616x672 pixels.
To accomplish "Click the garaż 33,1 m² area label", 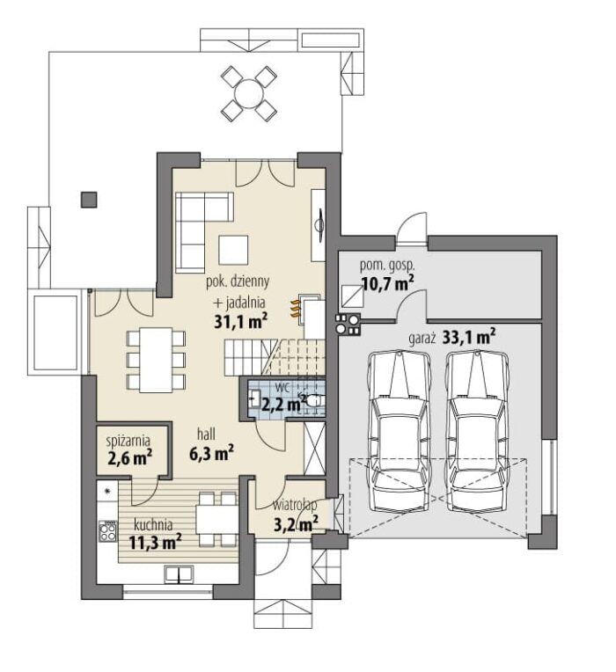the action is point(452,337).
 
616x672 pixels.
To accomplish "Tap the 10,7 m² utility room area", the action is point(388,283).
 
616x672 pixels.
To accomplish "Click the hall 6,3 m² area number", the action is point(211,453).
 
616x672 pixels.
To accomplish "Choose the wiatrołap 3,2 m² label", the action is point(296,515).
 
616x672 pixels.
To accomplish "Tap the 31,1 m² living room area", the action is point(241,321).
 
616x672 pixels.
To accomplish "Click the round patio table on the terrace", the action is point(249,93).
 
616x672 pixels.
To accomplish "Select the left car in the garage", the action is point(400,431).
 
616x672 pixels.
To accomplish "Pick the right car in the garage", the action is point(478,431).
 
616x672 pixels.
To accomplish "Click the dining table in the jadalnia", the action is point(156,360).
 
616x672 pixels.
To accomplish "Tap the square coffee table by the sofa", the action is point(233,250).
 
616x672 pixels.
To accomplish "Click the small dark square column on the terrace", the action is point(89,200).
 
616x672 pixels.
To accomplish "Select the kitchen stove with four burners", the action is point(107,531).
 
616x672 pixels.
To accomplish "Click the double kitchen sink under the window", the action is point(179,574).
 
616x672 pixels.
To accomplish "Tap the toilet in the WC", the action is point(316,400).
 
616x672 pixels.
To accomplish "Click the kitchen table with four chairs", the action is point(217,520).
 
